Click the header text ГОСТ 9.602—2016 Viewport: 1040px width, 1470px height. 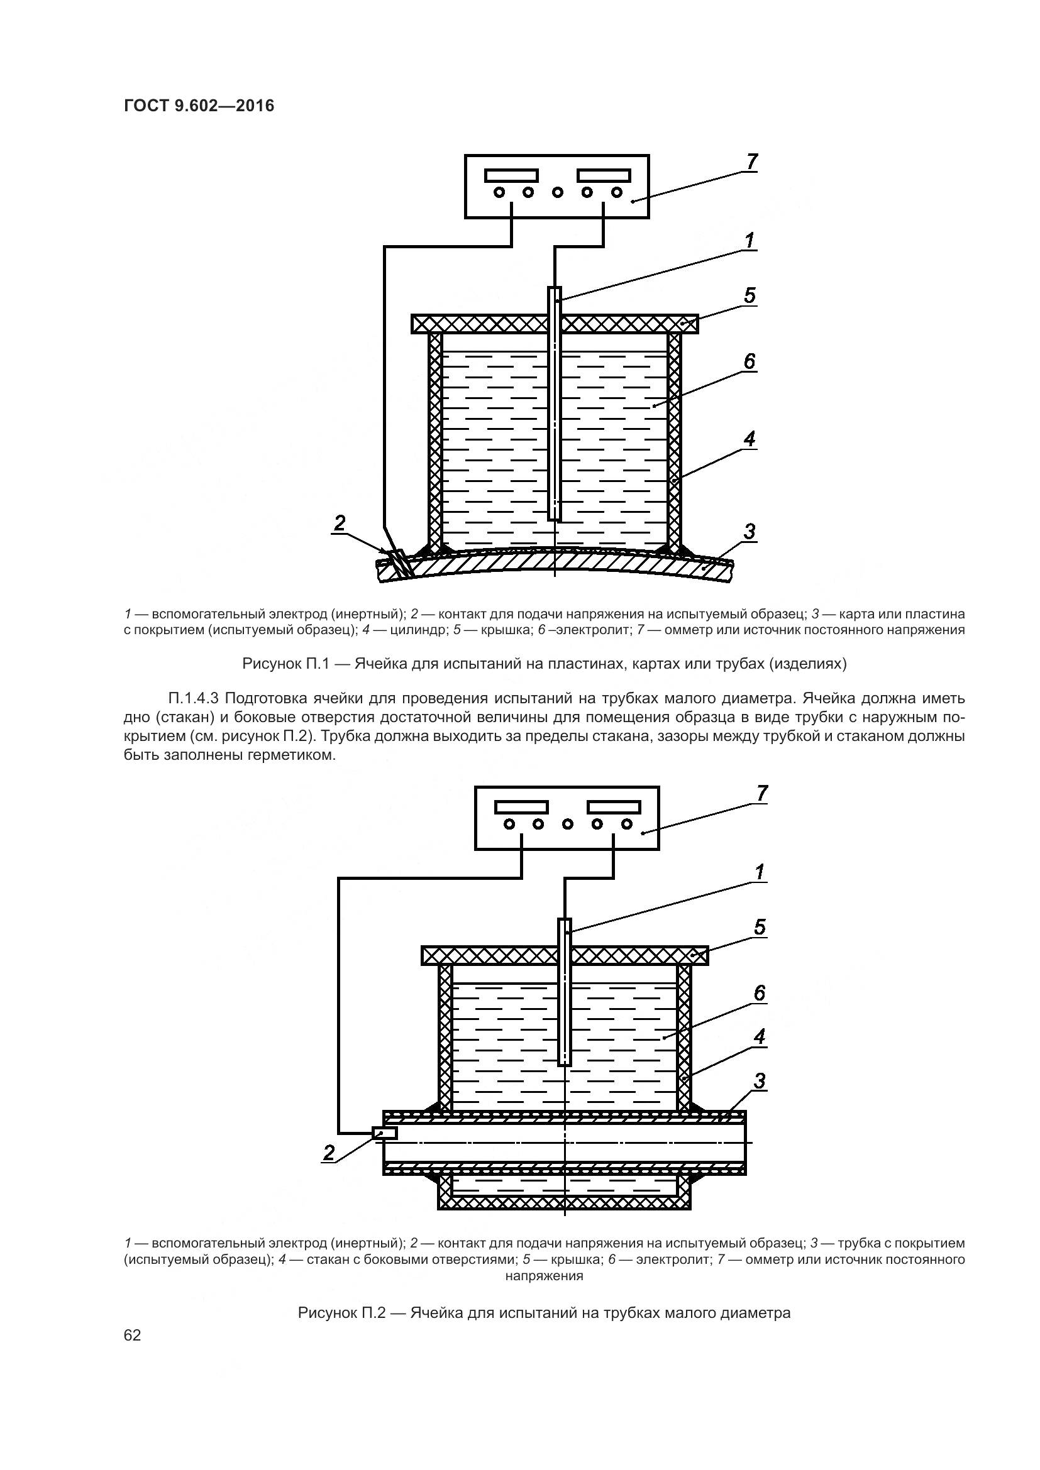coord(199,106)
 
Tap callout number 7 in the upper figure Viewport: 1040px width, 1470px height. coord(752,162)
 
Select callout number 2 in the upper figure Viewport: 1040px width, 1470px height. coord(340,523)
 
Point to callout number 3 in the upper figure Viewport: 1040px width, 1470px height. coord(750,532)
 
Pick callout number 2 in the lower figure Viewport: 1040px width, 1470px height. coord(329,1153)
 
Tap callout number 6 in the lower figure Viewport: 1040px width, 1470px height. coord(760,993)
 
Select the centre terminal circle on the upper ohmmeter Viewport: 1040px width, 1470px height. coord(557,192)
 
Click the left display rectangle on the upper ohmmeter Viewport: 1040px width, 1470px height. coord(511,175)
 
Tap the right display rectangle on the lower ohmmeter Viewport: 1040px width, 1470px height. coord(614,807)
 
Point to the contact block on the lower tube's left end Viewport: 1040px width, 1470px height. coord(385,1133)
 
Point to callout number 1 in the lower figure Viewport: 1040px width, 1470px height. coord(760,872)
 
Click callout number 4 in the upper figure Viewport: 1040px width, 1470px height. coord(750,439)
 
